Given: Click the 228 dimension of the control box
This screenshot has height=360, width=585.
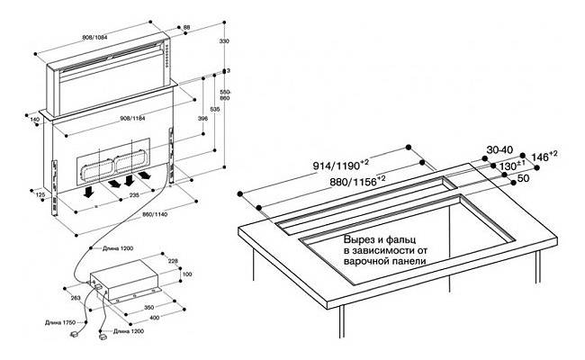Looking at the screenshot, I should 173,262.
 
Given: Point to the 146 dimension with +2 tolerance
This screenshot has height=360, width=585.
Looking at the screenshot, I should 539,156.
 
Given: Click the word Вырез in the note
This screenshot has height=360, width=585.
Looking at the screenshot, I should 359,241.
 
